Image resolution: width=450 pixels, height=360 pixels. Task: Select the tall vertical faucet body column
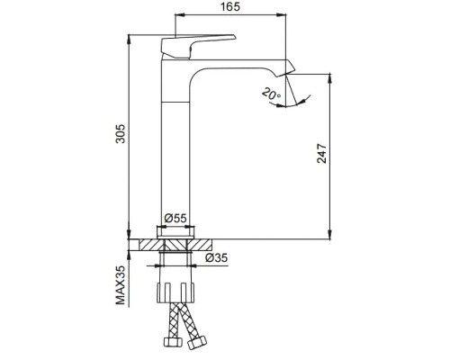pyautogui.click(x=178, y=144)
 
